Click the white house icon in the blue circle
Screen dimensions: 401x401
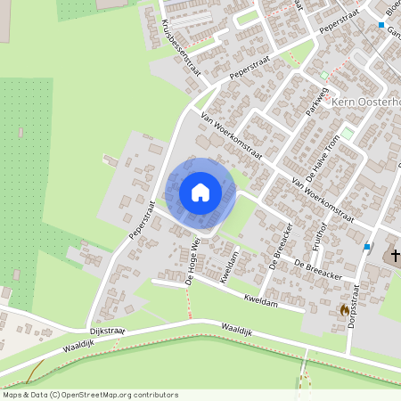click(200, 192)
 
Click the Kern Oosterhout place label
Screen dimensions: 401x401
click(365, 102)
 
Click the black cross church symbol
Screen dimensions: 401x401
click(393, 257)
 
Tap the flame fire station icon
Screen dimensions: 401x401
click(345, 309)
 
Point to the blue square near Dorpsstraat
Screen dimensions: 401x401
click(366, 247)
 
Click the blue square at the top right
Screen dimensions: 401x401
click(381, 25)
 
